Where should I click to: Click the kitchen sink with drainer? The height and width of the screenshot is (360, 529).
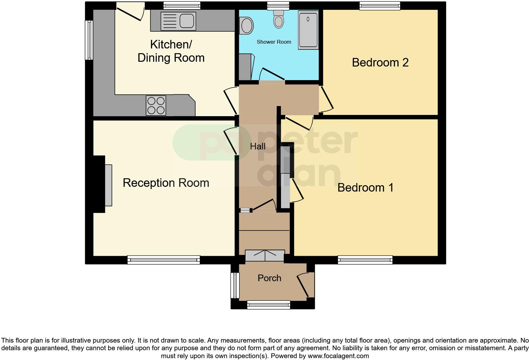coord(177,21)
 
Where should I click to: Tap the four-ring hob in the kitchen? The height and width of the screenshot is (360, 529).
coord(156,105)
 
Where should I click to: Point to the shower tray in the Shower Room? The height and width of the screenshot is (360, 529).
coord(308,30)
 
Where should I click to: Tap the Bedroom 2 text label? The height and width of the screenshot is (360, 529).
coord(380,62)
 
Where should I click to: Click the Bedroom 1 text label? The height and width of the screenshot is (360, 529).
coord(365,187)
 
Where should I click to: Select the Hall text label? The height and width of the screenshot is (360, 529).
coord(258,146)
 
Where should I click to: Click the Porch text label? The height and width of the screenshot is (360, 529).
coord(269,278)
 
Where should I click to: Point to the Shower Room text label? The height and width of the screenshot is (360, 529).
coord(274,42)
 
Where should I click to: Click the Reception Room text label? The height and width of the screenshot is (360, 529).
coord(166,183)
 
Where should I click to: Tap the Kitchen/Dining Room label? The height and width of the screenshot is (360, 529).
coord(171,51)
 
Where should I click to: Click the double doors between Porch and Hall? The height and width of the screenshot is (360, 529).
coord(265,256)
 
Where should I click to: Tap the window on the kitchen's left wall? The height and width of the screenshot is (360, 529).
coord(89,40)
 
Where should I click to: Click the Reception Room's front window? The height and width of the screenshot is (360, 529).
coord(164,260)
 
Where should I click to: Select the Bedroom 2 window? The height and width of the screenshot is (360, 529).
coord(380,5)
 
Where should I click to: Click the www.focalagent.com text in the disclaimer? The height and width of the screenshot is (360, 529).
coord(338,356)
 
